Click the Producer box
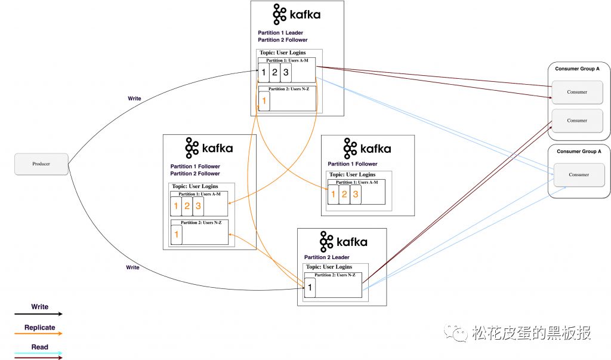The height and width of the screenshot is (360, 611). click(x=41, y=164)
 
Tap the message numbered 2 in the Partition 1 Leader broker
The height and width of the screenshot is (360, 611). click(x=274, y=73)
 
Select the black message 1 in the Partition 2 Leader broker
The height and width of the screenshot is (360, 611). click(x=310, y=288)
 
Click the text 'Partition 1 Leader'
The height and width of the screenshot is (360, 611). click(x=280, y=33)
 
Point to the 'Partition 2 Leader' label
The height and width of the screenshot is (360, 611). click(x=326, y=257)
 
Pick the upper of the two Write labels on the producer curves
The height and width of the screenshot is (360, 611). click(x=134, y=99)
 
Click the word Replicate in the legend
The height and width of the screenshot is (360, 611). click(x=40, y=328)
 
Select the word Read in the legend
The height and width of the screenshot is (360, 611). click(x=40, y=347)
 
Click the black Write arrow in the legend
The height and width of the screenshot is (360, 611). click(x=38, y=314)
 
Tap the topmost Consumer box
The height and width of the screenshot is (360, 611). click(x=577, y=92)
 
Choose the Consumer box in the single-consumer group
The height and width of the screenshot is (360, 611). click(x=579, y=175)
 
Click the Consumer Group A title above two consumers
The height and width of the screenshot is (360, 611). click(x=577, y=69)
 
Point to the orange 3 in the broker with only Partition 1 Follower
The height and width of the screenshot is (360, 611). click(x=356, y=194)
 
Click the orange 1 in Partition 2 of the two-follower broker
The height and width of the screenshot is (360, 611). click(x=177, y=235)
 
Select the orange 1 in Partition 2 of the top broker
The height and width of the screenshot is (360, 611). click(x=264, y=101)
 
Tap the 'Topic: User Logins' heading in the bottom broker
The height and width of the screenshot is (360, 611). click(x=329, y=267)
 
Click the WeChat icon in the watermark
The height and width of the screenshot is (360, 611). click(x=456, y=333)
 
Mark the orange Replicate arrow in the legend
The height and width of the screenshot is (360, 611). click(x=38, y=334)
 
